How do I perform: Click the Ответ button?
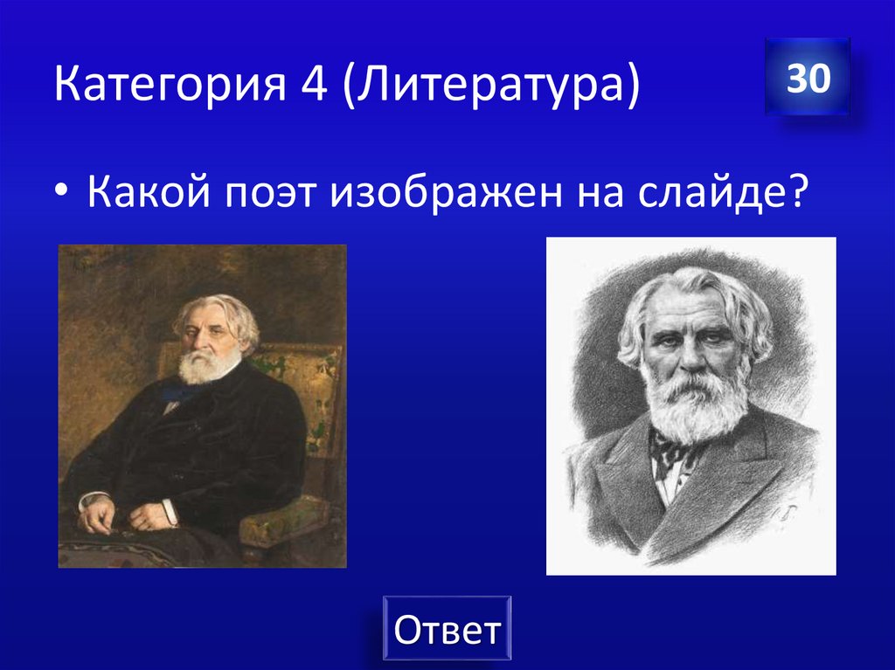pos(447,628)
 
